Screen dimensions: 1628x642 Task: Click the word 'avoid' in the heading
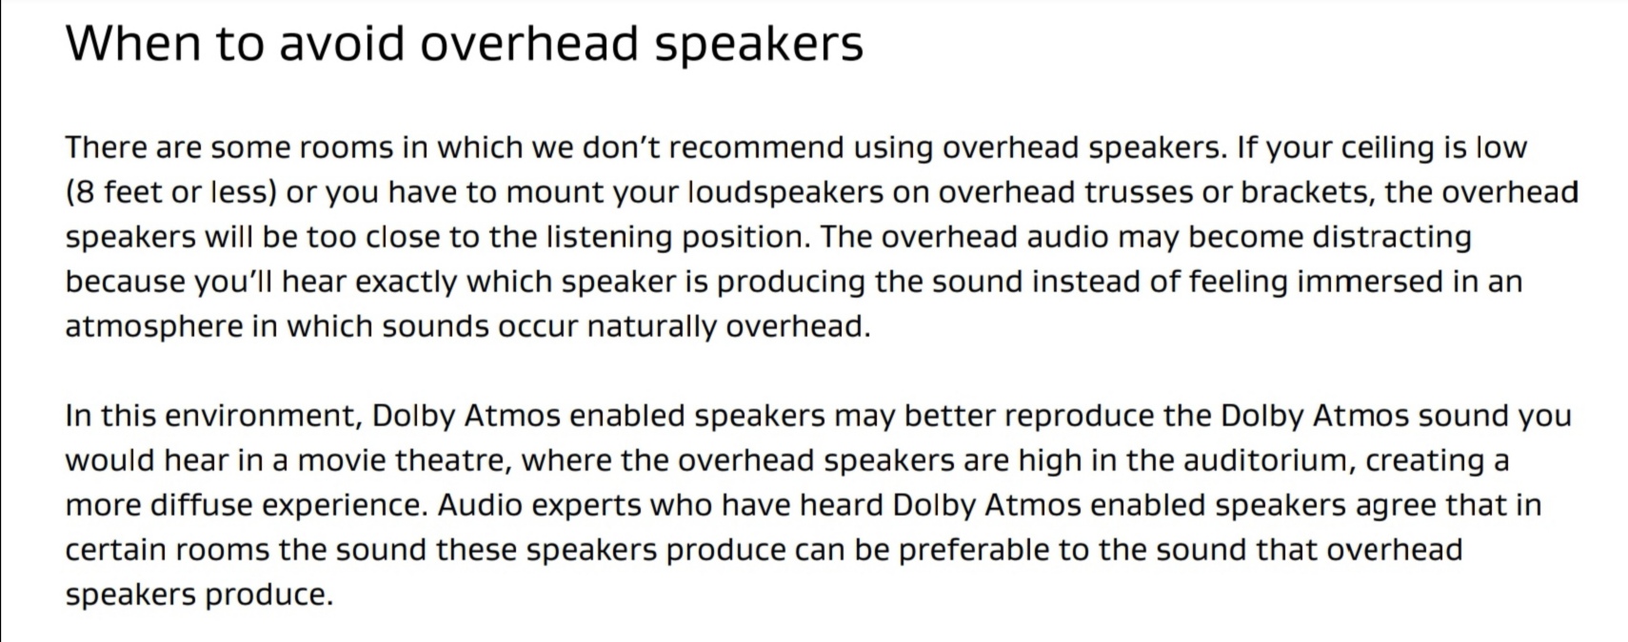[342, 43]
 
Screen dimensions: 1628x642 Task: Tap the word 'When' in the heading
[133, 43]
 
